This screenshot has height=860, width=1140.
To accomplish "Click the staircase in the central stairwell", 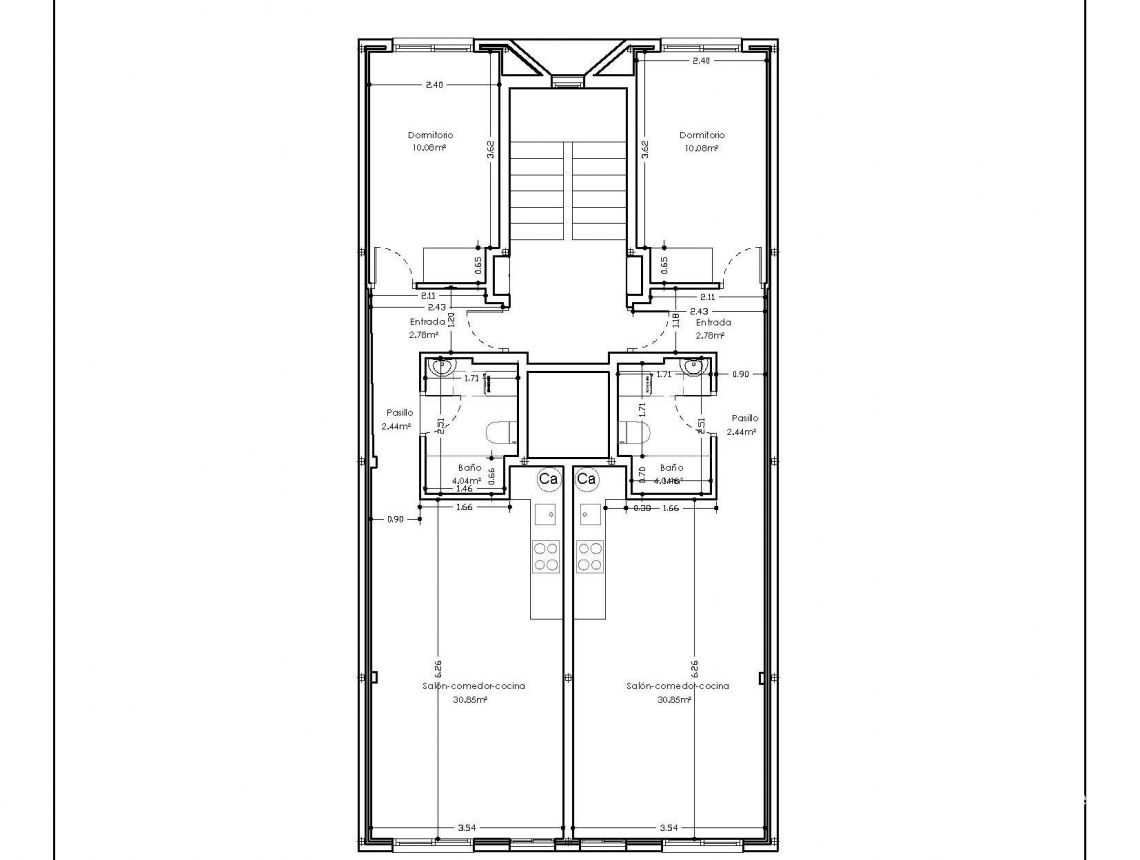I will (x=568, y=190).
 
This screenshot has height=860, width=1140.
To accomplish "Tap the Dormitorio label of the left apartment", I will (x=431, y=134).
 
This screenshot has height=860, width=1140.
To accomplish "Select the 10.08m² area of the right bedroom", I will (x=701, y=148).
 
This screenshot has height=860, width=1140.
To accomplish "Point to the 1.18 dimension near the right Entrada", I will (x=677, y=320).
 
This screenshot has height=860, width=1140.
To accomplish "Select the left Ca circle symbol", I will (x=548, y=479).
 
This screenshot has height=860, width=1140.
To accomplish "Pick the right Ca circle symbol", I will (x=587, y=479).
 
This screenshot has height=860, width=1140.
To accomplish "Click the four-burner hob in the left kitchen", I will (x=546, y=555).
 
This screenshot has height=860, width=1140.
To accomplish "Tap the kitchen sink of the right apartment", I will (x=589, y=514).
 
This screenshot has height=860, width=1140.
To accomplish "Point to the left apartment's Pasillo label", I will (x=400, y=412).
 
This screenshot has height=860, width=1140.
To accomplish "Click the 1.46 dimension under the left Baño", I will (x=464, y=488).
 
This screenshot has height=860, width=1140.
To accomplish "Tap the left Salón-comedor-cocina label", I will (x=474, y=686).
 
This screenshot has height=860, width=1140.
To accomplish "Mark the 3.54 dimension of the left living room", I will (x=466, y=827).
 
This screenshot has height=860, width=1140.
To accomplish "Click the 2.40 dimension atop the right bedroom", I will (x=701, y=61).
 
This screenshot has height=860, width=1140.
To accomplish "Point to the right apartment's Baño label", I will (x=672, y=467).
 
